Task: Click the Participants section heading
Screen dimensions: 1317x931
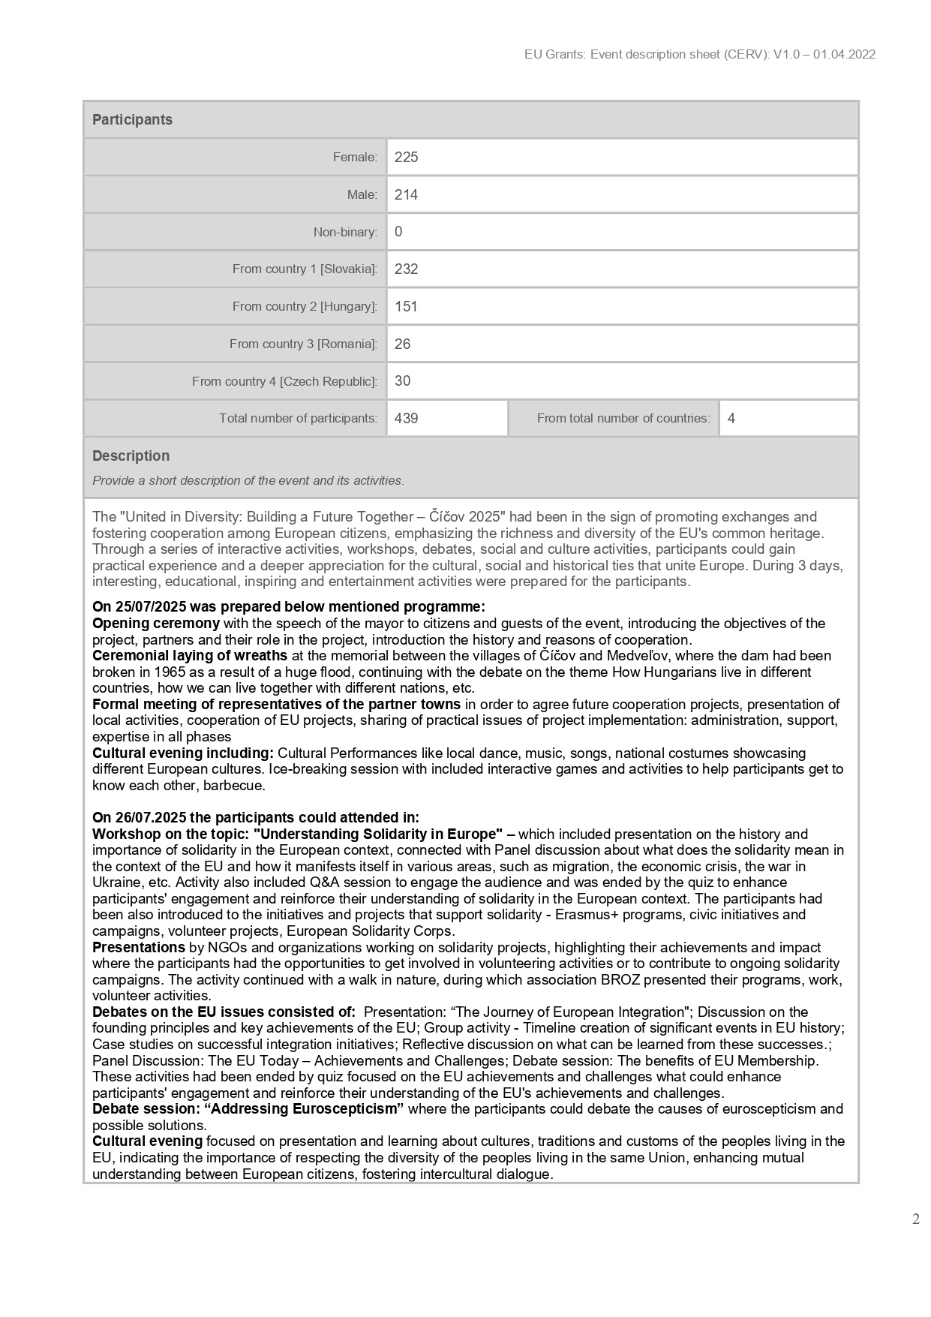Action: pos(132,120)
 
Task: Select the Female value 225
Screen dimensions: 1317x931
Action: pos(406,158)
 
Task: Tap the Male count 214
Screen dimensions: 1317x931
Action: pos(406,195)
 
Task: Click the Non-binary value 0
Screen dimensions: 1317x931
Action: pos(398,232)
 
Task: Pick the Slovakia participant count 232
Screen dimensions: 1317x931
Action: pos(406,269)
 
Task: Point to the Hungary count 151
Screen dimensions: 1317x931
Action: pos(406,307)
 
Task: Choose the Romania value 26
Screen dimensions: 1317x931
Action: pos(402,344)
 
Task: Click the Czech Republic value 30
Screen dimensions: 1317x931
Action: pos(402,381)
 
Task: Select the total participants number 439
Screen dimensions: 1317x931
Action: pos(406,419)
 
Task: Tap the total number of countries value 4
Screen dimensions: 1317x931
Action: pos(731,419)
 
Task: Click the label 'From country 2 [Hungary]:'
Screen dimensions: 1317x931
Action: pos(305,307)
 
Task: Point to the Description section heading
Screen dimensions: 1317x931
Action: pos(131,456)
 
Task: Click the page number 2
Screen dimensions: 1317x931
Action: pos(915,1219)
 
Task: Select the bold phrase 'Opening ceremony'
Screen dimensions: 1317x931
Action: pos(156,624)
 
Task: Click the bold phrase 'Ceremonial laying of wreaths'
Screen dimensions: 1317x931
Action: pos(190,656)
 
